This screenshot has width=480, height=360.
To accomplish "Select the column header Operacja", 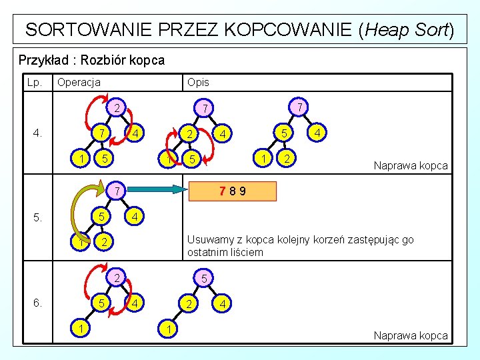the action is click(79, 82).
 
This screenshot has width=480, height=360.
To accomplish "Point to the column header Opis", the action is click(198, 82).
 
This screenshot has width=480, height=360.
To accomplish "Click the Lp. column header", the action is click(34, 82).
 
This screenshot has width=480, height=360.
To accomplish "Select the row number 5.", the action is click(37, 217).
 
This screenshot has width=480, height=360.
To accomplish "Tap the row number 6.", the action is click(37, 303).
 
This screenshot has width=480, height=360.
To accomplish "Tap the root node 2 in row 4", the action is click(115, 107).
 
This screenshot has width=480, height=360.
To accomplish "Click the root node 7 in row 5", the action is click(115, 192).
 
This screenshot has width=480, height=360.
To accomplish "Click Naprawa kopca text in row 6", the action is click(411, 335).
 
